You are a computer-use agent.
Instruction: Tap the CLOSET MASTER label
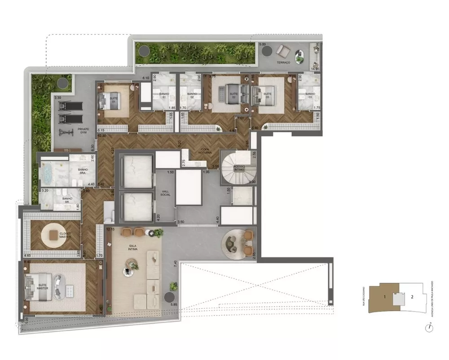(65, 235)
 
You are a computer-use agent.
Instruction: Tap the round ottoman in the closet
(54, 235)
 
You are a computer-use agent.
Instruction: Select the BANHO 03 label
(310, 94)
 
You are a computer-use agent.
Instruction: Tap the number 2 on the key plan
(412, 297)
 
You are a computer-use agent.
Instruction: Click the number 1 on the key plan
(385, 297)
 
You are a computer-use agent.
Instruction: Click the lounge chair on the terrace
(283, 50)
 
